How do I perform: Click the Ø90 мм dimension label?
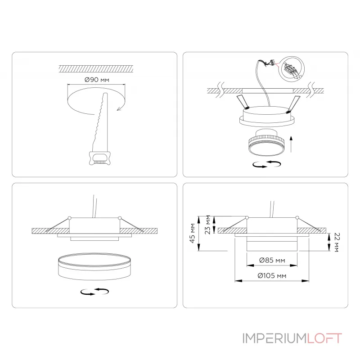click(x=97, y=80)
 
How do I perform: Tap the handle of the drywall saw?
click(x=100, y=158)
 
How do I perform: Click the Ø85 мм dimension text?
click(x=272, y=260)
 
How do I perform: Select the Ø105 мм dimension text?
click(x=272, y=275)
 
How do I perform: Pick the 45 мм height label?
click(x=193, y=233)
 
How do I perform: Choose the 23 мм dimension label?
click(x=207, y=225)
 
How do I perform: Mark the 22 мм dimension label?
click(x=337, y=242)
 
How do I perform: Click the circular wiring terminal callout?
click(x=291, y=69)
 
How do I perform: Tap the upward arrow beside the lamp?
click(x=291, y=144)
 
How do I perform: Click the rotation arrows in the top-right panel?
click(x=266, y=164)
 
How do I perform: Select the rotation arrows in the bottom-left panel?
click(x=94, y=291)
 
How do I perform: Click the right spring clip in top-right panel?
click(x=293, y=104)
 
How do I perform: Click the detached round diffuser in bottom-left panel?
click(x=94, y=266)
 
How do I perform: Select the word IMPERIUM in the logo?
click(x=274, y=338)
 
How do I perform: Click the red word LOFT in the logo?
click(x=324, y=338)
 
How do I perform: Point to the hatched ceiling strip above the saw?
click(x=96, y=69)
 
